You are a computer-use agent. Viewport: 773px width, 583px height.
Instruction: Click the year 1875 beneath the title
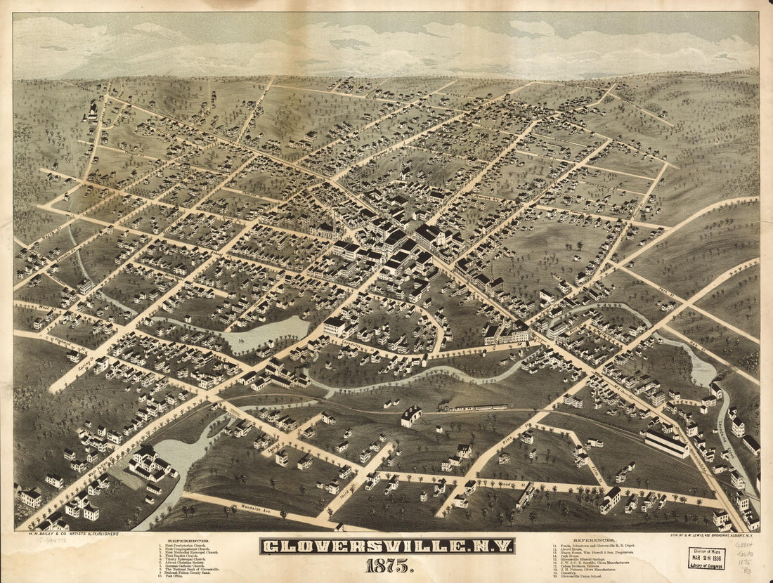[x=386, y=564]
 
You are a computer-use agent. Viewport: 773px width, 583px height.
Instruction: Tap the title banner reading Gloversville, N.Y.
[x=386, y=546]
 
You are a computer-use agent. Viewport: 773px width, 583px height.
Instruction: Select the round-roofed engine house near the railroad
[x=410, y=416]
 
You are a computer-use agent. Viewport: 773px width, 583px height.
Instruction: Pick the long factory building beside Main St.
[x=666, y=443]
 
